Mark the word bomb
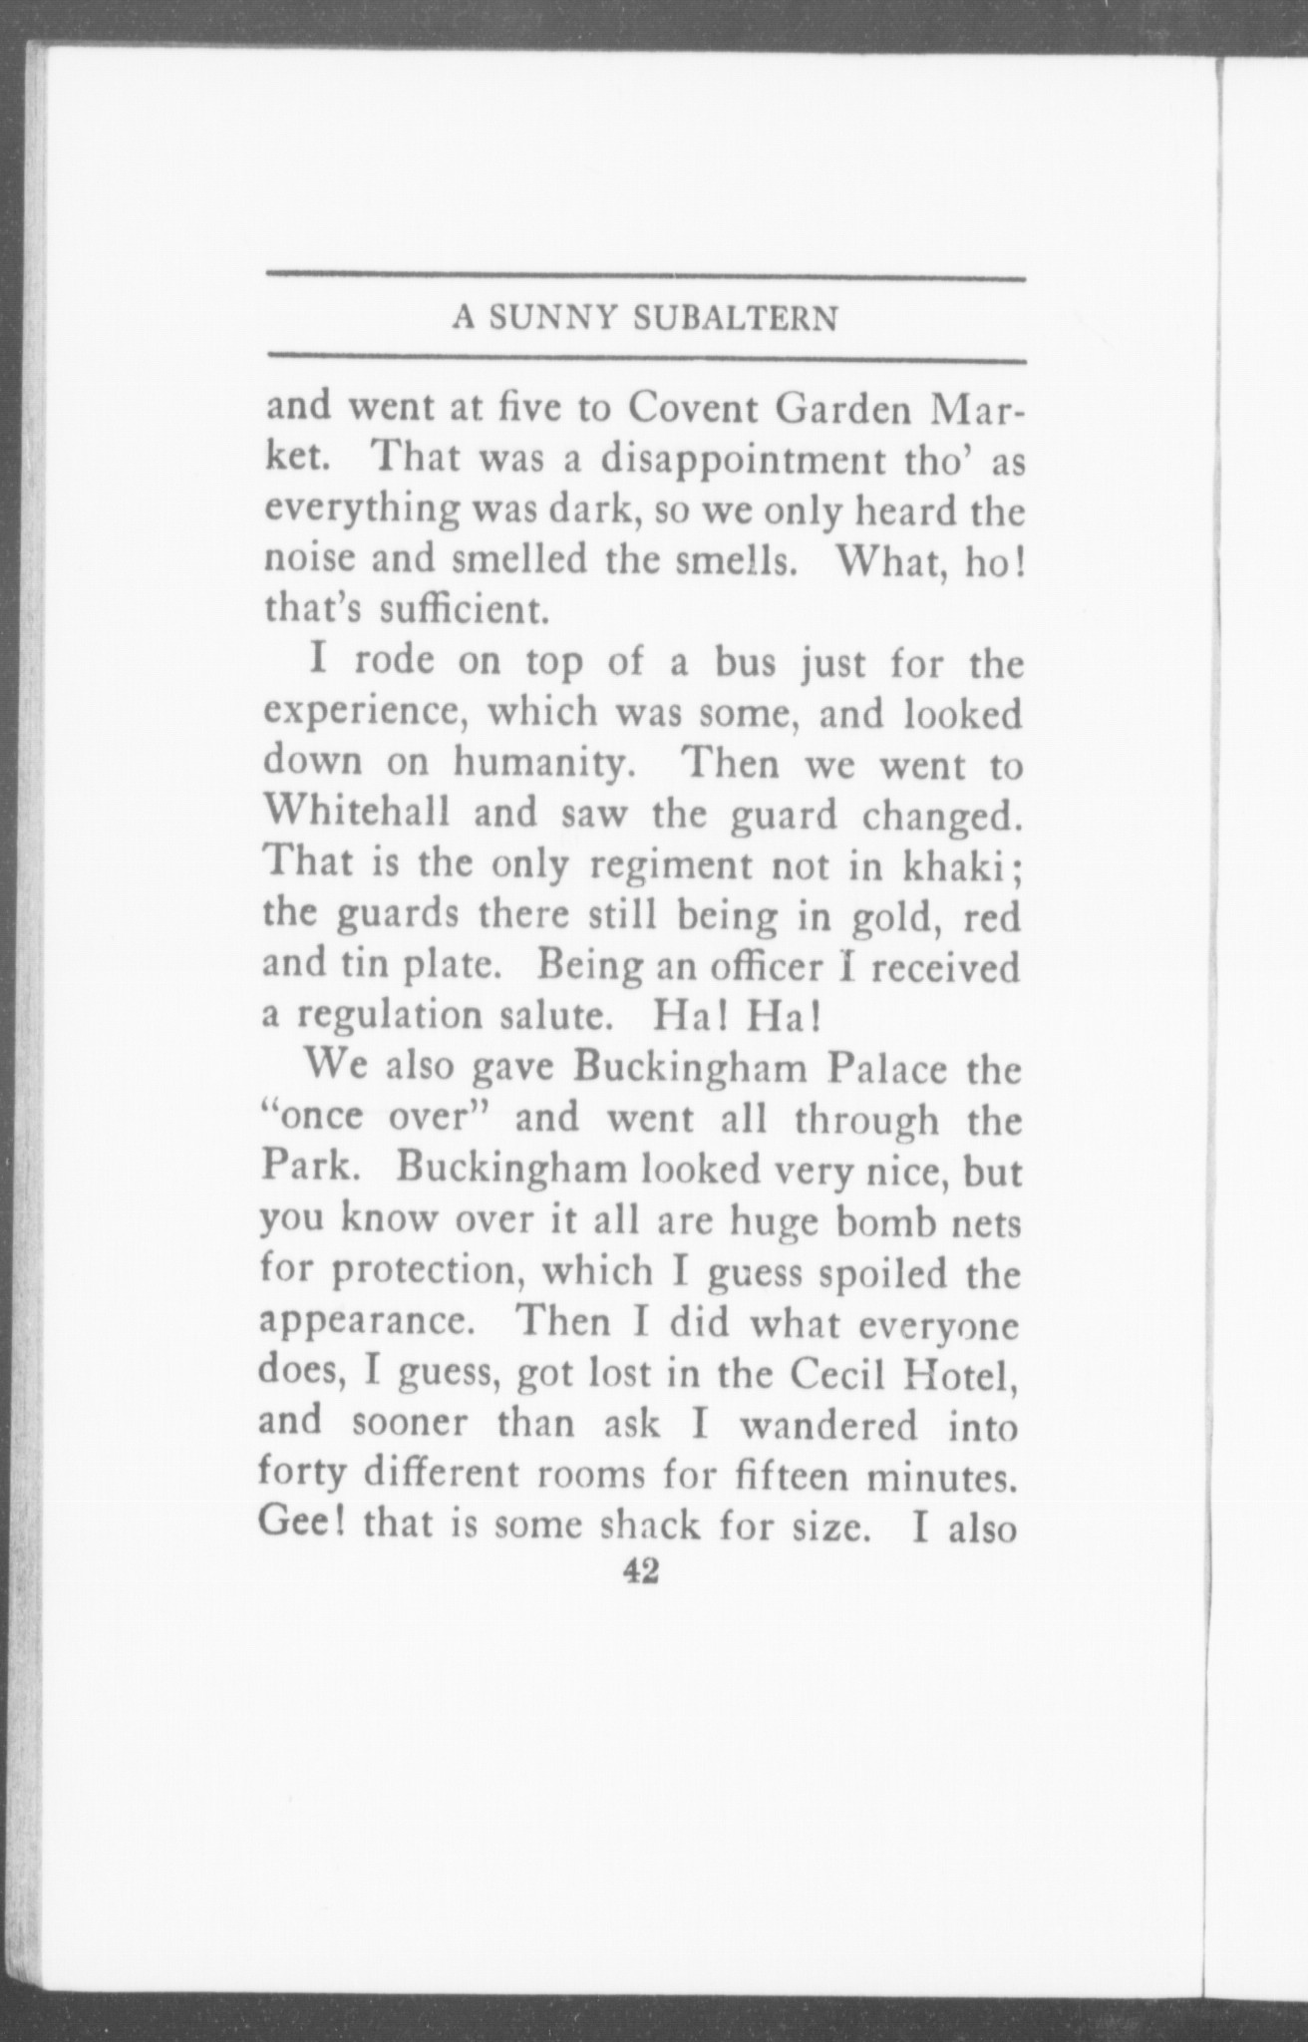point(890,1223)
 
